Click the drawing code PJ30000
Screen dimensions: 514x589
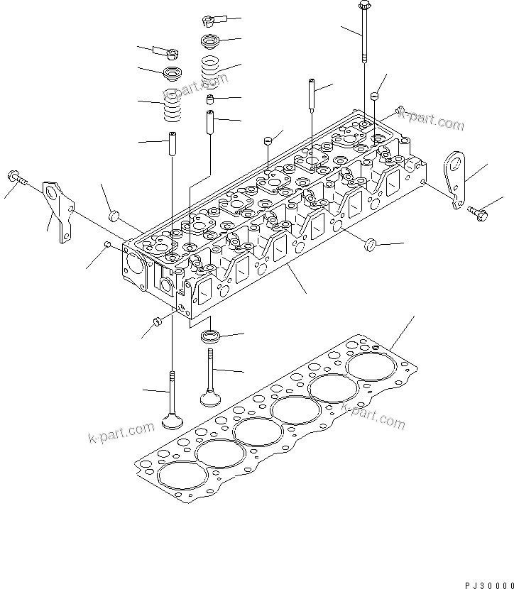[489, 585]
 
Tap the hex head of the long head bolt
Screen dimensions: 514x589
[364, 5]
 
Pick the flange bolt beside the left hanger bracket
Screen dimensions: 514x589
[16, 177]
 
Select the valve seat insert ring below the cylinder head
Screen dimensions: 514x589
[212, 336]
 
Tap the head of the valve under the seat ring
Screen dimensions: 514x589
[210, 399]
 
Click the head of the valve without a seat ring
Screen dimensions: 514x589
[173, 421]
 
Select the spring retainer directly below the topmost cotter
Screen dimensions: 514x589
[213, 41]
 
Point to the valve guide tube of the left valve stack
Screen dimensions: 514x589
[173, 143]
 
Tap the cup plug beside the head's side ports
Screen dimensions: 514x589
[371, 245]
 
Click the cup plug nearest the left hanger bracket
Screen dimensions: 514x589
[114, 215]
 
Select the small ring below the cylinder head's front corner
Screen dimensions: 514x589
[157, 321]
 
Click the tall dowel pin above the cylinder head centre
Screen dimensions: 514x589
[312, 94]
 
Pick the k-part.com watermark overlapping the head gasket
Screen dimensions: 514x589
[373, 415]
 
